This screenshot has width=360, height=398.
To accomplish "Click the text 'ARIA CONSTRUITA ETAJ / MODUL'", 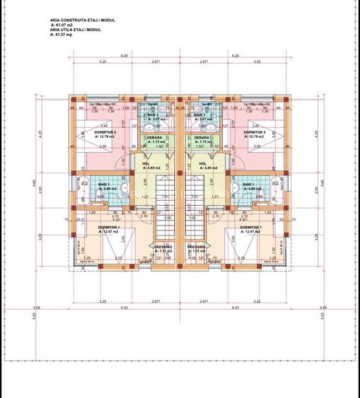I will [82, 22].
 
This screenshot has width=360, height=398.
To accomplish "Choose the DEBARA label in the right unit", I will [201, 138].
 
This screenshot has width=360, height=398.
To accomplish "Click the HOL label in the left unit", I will [146, 164].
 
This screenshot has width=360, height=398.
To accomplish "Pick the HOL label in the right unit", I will [203, 164].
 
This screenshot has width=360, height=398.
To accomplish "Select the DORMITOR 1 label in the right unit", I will [250, 227].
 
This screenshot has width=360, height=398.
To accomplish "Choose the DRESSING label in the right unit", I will [197, 247].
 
